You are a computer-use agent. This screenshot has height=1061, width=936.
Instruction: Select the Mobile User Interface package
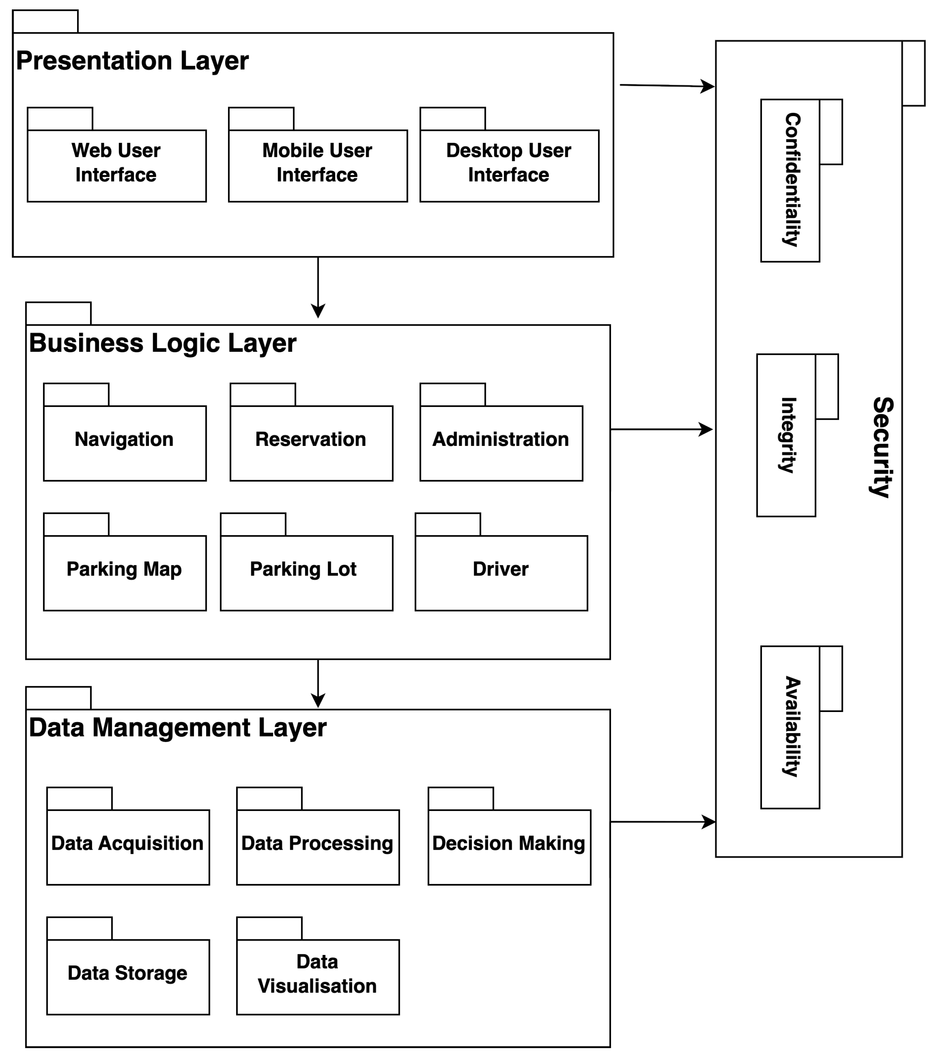tap(317, 165)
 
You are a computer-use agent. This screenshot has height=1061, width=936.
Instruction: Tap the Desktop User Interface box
tap(509, 165)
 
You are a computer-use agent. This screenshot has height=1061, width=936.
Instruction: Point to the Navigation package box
tap(124, 443)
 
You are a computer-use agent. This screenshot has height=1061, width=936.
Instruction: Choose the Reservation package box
tap(311, 443)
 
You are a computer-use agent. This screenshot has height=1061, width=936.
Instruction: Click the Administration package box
tap(501, 443)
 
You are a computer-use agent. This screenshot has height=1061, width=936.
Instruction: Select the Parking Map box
tap(124, 573)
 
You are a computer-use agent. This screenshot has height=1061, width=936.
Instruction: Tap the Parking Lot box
tap(306, 573)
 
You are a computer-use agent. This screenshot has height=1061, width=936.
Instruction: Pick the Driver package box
tap(501, 573)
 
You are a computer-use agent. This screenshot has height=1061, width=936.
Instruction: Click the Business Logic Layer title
tap(163, 343)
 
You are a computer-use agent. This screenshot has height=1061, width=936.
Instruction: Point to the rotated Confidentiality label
tap(792, 180)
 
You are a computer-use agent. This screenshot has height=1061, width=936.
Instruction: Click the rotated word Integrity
tap(787, 435)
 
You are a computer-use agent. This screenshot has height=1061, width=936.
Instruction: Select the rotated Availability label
tap(792, 726)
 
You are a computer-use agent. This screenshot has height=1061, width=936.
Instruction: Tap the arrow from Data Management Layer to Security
tap(662, 822)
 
